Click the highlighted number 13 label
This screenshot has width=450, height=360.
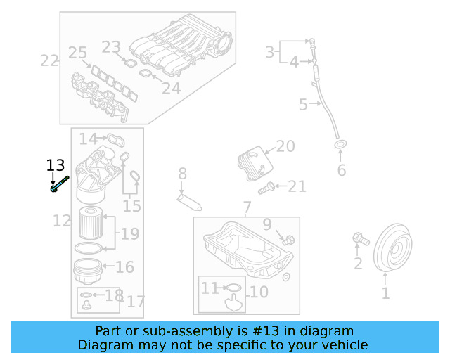pos(55,166)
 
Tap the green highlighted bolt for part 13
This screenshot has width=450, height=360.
pos(58,184)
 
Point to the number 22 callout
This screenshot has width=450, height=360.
pos(49,60)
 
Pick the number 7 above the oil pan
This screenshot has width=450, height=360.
pos(247,207)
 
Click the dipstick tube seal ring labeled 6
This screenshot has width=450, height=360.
pos(340,146)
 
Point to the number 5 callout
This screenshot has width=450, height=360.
pos(303,105)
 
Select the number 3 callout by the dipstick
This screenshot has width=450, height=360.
pos(270,51)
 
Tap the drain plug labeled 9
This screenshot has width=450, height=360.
pos(287,240)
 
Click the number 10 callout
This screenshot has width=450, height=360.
pos(258,291)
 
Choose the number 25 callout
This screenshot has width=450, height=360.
pos(77,53)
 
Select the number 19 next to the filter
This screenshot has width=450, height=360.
pos(130,234)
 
